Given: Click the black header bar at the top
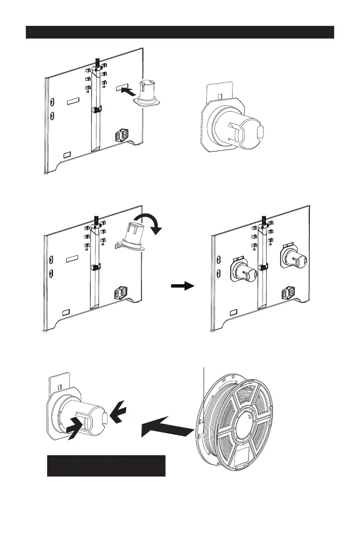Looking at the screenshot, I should click(180, 32).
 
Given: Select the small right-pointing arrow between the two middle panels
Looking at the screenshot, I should click(182, 286).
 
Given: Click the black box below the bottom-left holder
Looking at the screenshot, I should click(106, 466).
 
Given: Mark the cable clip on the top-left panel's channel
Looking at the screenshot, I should click(96, 109).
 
